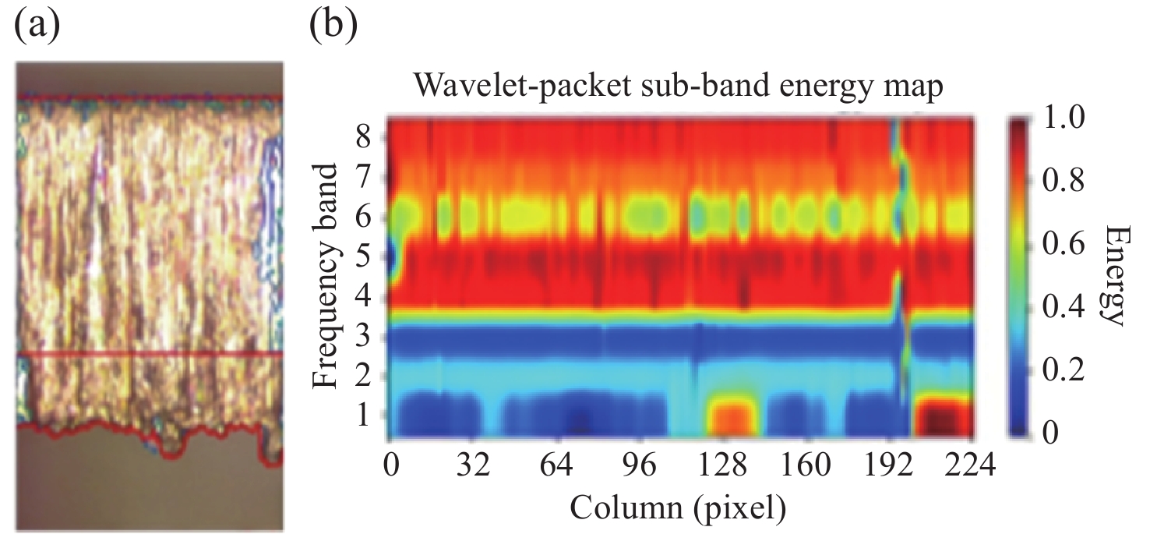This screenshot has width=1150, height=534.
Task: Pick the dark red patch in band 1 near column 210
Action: (x=944, y=417)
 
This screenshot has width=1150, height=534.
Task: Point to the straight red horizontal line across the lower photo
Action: (x=148, y=353)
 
